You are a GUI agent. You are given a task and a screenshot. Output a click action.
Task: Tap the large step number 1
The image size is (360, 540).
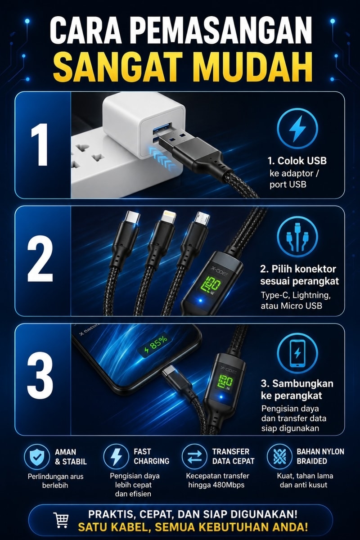[40, 144]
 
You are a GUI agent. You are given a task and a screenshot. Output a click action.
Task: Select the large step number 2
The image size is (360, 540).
[40, 261]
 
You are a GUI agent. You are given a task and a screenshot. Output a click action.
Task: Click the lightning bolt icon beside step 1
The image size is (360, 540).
[297, 128]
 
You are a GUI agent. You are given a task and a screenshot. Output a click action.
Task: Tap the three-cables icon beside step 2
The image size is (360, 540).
[297, 237]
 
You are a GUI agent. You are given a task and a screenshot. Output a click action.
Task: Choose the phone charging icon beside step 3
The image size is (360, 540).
[297, 353]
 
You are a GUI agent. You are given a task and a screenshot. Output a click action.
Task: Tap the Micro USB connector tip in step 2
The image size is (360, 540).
[202, 218]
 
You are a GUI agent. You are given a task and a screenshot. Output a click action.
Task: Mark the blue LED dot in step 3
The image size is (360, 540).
[221, 396]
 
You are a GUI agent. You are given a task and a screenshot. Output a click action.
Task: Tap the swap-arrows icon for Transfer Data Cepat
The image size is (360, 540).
[194, 457]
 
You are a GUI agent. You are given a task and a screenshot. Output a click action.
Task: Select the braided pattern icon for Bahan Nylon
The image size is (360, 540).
[280, 457]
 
